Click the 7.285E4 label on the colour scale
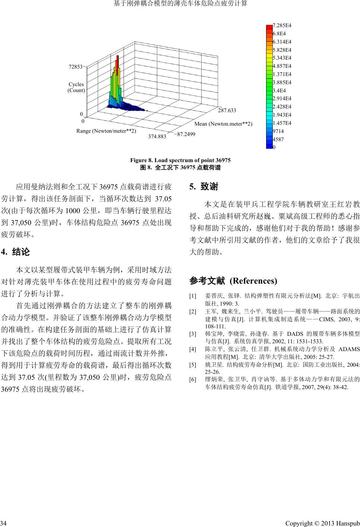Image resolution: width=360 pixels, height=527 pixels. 282,25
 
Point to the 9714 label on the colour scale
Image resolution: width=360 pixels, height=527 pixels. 278,131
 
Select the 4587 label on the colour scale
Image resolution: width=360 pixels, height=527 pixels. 278,139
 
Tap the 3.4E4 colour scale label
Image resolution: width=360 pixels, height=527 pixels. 280,91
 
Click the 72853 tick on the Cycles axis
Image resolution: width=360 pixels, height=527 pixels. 76,67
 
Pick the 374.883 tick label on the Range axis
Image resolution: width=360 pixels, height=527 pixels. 157,136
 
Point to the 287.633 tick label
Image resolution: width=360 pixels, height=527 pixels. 227,110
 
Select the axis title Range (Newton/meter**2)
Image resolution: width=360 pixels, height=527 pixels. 106,131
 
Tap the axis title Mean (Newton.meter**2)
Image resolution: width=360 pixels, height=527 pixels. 223,124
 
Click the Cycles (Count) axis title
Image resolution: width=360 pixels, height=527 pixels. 76,87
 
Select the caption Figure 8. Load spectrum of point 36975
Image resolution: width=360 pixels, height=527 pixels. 180,160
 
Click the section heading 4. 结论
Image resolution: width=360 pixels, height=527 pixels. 16,252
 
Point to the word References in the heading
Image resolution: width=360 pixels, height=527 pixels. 253,281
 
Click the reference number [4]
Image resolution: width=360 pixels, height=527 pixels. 193,349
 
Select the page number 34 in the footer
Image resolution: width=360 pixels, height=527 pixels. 3,523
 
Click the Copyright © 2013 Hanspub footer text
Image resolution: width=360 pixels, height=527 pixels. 322,523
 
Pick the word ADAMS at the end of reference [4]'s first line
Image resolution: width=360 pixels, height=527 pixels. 350,349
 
